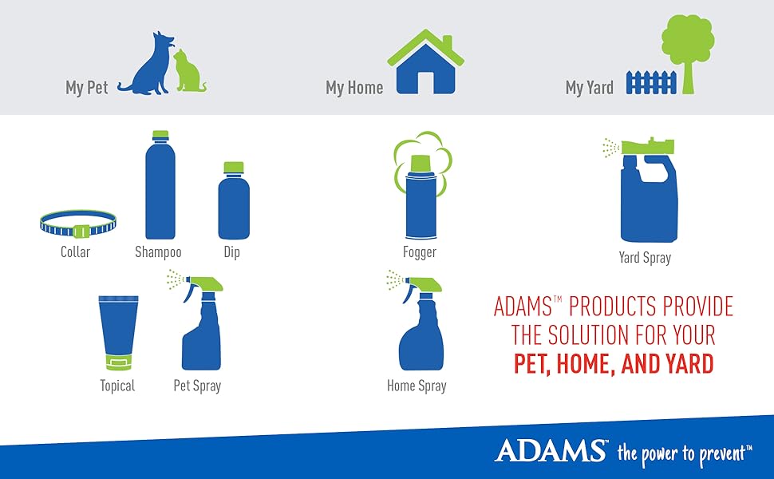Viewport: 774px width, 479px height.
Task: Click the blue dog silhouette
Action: tap(152, 68)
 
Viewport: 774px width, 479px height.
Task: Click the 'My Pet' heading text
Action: tap(86, 88)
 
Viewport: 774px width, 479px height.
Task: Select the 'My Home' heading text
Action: tap(354, 88)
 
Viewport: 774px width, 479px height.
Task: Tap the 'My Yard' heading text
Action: tap(589, 88)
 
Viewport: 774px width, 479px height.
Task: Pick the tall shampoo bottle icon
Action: tap(160, 188)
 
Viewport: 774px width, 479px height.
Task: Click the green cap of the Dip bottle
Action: tap(234, 167)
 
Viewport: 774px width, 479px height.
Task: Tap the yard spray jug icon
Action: tap(646, 196)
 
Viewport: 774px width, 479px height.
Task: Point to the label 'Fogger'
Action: tap(420, 252)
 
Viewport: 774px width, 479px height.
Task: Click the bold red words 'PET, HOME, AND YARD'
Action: tap(613, 364)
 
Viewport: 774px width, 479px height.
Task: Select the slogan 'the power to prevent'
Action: tap(683, 453)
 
